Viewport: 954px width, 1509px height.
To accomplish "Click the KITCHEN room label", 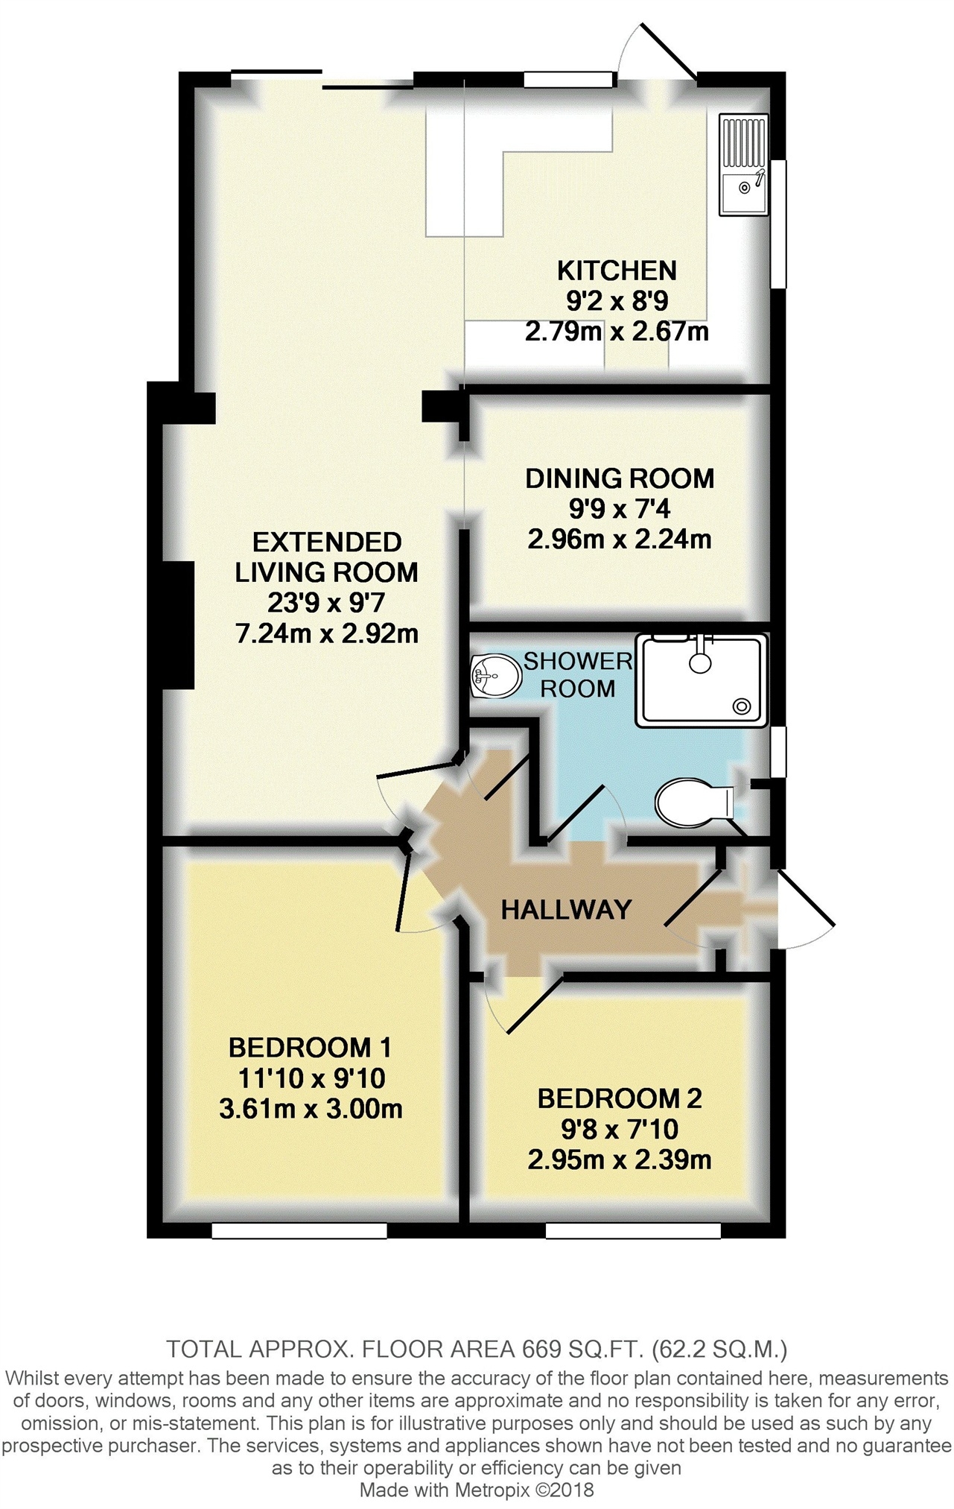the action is pos(617,270).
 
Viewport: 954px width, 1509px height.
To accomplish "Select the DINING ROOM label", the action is pos(620,478).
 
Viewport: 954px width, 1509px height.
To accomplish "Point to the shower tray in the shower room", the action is pos(701,680).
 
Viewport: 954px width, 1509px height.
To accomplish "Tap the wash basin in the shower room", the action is pos(496,676).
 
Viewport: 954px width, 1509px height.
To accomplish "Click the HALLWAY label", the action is pos(566,909).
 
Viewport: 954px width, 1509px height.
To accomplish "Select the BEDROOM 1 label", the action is pos(310,1048).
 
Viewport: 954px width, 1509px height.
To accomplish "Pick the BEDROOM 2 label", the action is pos(620,1098).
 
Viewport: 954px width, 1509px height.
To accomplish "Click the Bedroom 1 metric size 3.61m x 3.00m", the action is pos(311,1109).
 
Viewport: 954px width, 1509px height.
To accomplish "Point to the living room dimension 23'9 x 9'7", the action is pos(326,603).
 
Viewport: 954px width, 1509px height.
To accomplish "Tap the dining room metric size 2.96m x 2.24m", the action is pos(620,539).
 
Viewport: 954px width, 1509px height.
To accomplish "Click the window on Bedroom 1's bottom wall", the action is pos(299,1231).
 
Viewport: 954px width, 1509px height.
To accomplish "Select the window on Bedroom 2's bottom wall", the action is pos(633,1231).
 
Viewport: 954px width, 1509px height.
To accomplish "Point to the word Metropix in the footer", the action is pos(486,1490).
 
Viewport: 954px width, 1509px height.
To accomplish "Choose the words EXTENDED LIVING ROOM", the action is pos(326,557).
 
